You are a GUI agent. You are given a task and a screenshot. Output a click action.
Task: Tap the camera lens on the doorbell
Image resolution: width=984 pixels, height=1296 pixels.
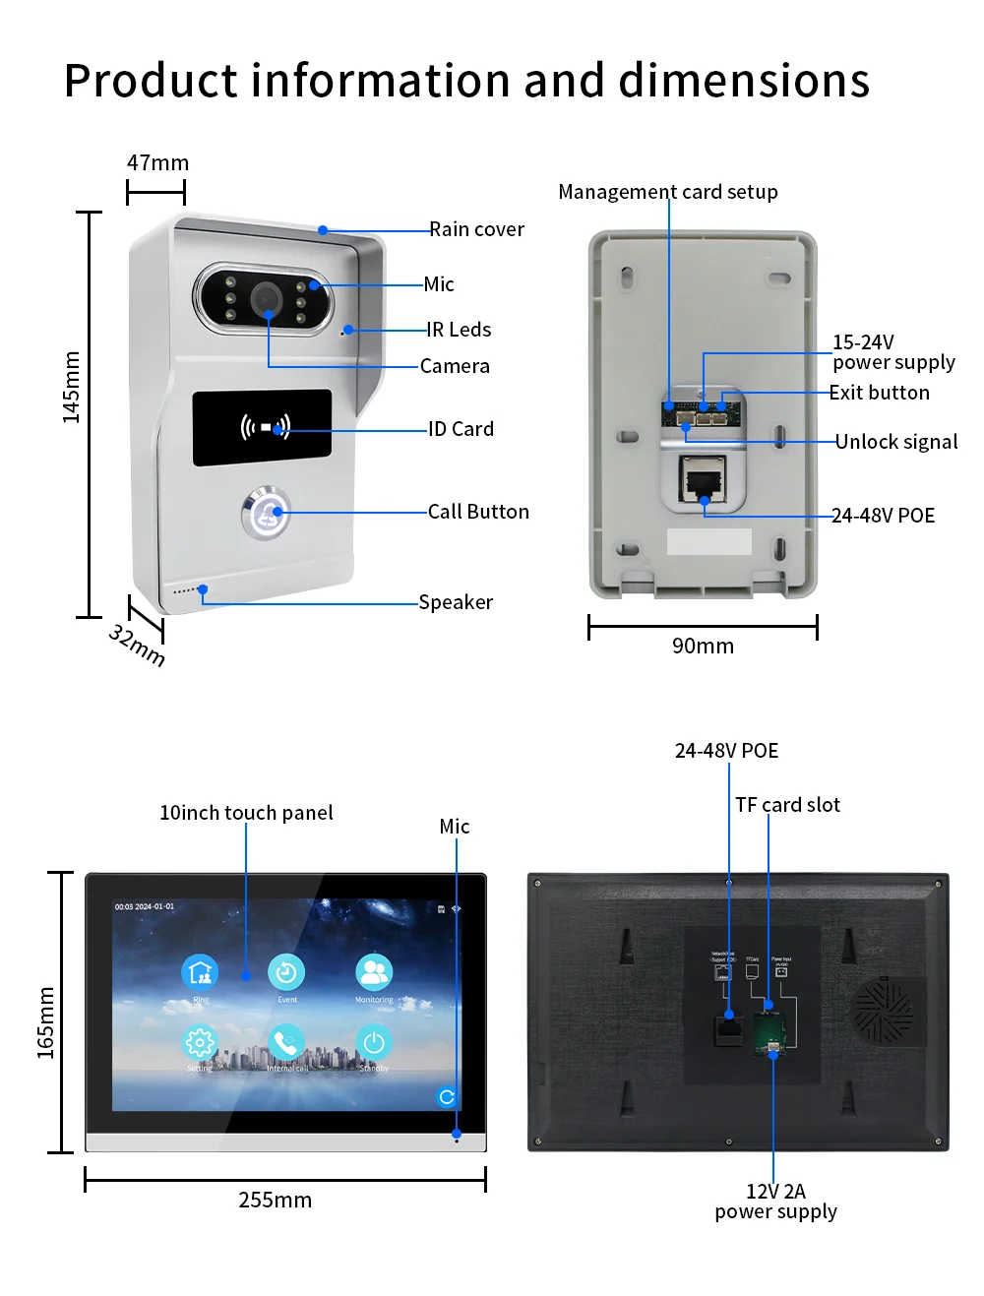(x=266, y=297)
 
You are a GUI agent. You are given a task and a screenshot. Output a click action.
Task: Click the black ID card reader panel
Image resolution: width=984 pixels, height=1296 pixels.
(x=262, y=428)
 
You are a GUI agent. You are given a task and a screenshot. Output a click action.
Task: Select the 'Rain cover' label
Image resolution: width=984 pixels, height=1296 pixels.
(x=476, y=229)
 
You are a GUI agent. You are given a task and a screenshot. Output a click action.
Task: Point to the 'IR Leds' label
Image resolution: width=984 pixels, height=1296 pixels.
(x=459, y=330)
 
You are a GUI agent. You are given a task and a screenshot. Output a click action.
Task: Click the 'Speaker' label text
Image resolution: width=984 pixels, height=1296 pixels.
(x=456, y=602)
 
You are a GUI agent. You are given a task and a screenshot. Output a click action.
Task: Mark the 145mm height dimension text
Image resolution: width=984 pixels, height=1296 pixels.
(x=71, y=388)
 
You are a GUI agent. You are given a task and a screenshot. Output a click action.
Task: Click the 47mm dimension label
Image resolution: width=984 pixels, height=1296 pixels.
(x=157, y=163)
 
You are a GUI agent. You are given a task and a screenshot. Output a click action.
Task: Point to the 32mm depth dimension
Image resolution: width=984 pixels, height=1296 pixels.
(x=137, y=645)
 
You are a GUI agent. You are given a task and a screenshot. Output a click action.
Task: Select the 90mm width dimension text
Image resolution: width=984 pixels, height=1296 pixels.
(x=703, y=647)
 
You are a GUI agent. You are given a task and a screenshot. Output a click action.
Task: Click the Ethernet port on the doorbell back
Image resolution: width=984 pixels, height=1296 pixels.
(x=704, y=481)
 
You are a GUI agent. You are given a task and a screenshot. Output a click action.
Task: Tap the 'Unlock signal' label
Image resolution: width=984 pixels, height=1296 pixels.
(x=896, y=442)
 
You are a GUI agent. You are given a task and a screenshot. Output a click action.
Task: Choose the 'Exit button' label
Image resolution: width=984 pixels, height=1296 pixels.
(x=879, y=393)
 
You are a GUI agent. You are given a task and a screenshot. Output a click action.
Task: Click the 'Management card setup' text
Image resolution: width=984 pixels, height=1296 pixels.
(x=668, y=192)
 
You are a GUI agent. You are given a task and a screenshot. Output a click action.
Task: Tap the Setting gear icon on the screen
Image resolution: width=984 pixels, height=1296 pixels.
(x=200, y=1042)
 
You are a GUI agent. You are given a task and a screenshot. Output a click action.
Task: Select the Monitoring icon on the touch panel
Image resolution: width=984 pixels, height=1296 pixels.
(x=374, y=972)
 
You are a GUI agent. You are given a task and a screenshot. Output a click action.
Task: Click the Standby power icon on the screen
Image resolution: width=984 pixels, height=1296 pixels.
(x=374, y=1042)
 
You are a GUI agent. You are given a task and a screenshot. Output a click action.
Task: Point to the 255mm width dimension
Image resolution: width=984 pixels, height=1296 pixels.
(x=275, y=1201)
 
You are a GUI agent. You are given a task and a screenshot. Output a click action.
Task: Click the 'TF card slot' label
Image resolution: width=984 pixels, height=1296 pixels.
(x=787, y=805)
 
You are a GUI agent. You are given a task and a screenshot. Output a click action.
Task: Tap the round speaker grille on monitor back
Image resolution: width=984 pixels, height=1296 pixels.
(x=883, y=1011)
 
